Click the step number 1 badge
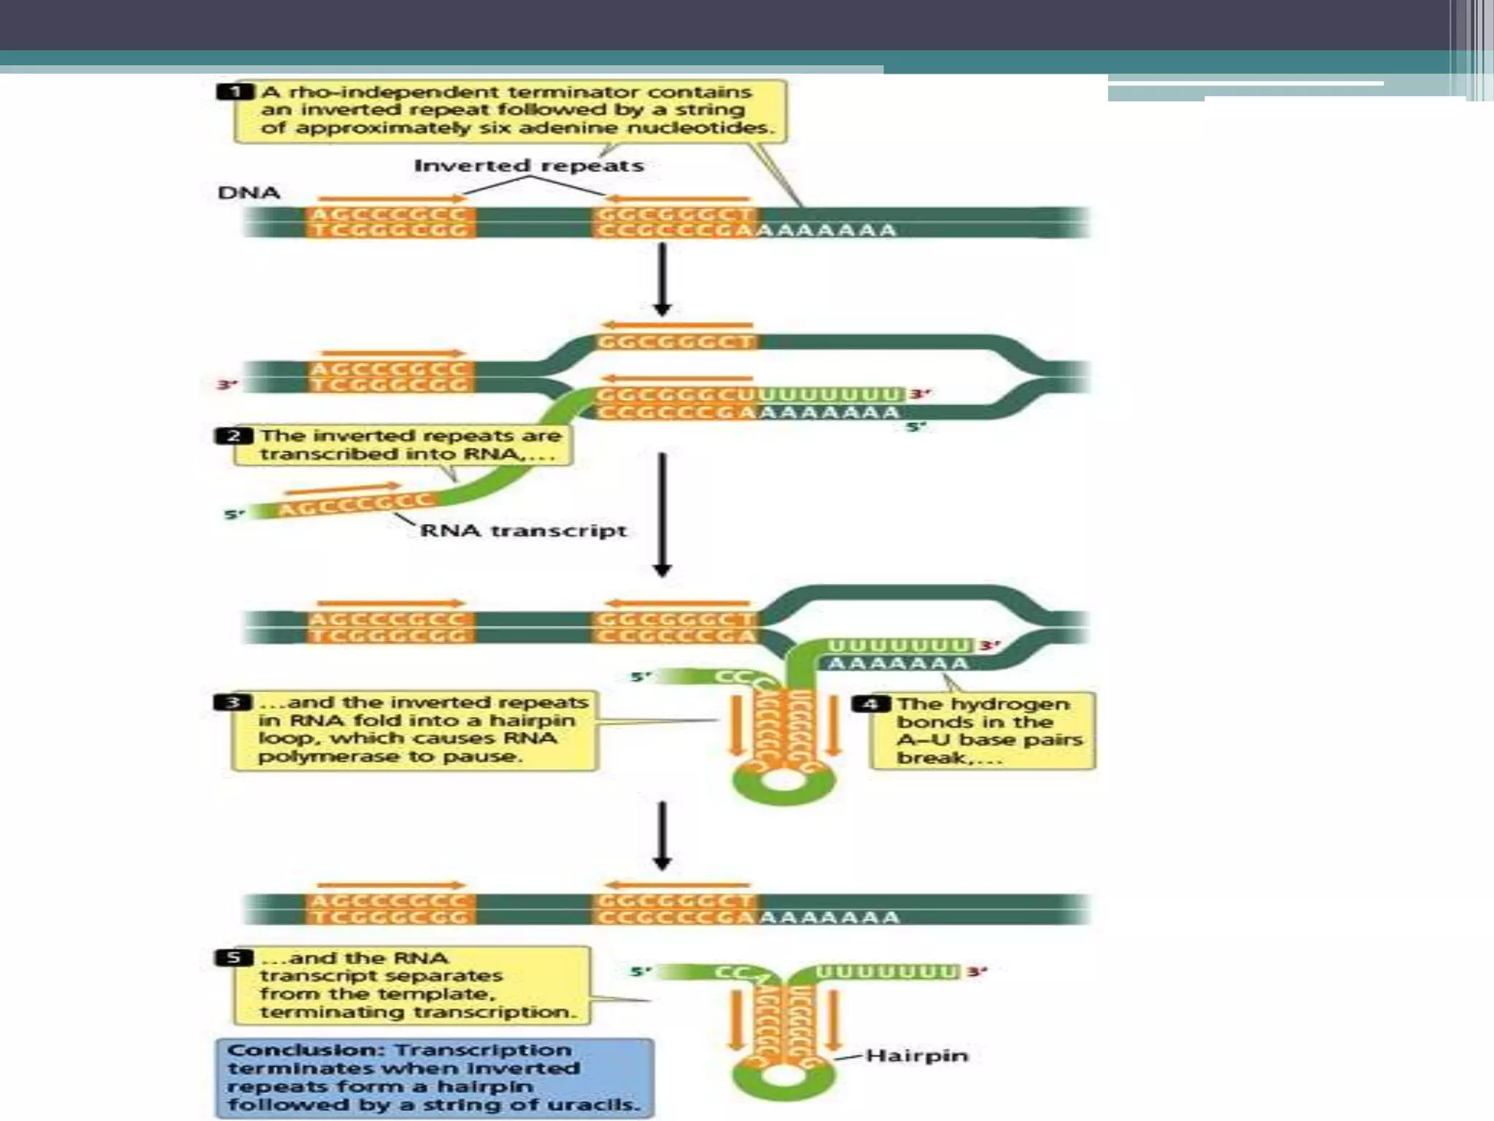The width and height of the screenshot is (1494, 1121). click(x=235, y=92)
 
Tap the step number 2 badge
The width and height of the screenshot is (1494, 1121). click(x=233, y=436)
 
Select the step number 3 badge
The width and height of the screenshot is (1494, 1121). click(x=233, y=702)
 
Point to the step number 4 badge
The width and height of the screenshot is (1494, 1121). click(x=871, y=704)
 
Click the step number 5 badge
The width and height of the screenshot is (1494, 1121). click(x=234, y=958)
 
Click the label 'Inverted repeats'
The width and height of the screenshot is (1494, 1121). click(x=529, y=166)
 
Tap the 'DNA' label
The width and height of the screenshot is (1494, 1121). click(x=249, y=193)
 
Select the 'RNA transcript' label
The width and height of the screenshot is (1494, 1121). click(x=523, y=531)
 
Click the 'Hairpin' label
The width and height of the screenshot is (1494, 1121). click(x=916, y=1055)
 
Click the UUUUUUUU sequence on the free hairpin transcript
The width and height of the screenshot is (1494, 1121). click(x=886, y=972)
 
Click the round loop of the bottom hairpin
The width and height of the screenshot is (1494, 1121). click(x=783, y=1076)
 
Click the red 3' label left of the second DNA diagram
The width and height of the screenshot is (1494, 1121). click(x=228, y=384)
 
